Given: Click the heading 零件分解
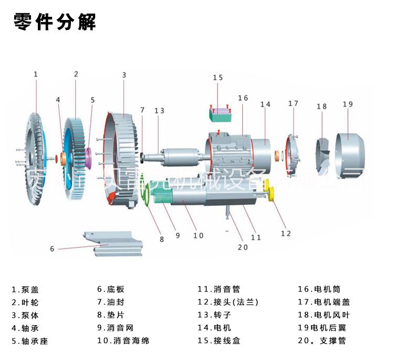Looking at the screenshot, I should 54,22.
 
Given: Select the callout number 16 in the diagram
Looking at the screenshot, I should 242,98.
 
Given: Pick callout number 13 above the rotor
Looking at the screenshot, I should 159,110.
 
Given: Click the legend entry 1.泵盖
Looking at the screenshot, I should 25,289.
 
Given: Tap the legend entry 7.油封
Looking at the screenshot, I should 110,302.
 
